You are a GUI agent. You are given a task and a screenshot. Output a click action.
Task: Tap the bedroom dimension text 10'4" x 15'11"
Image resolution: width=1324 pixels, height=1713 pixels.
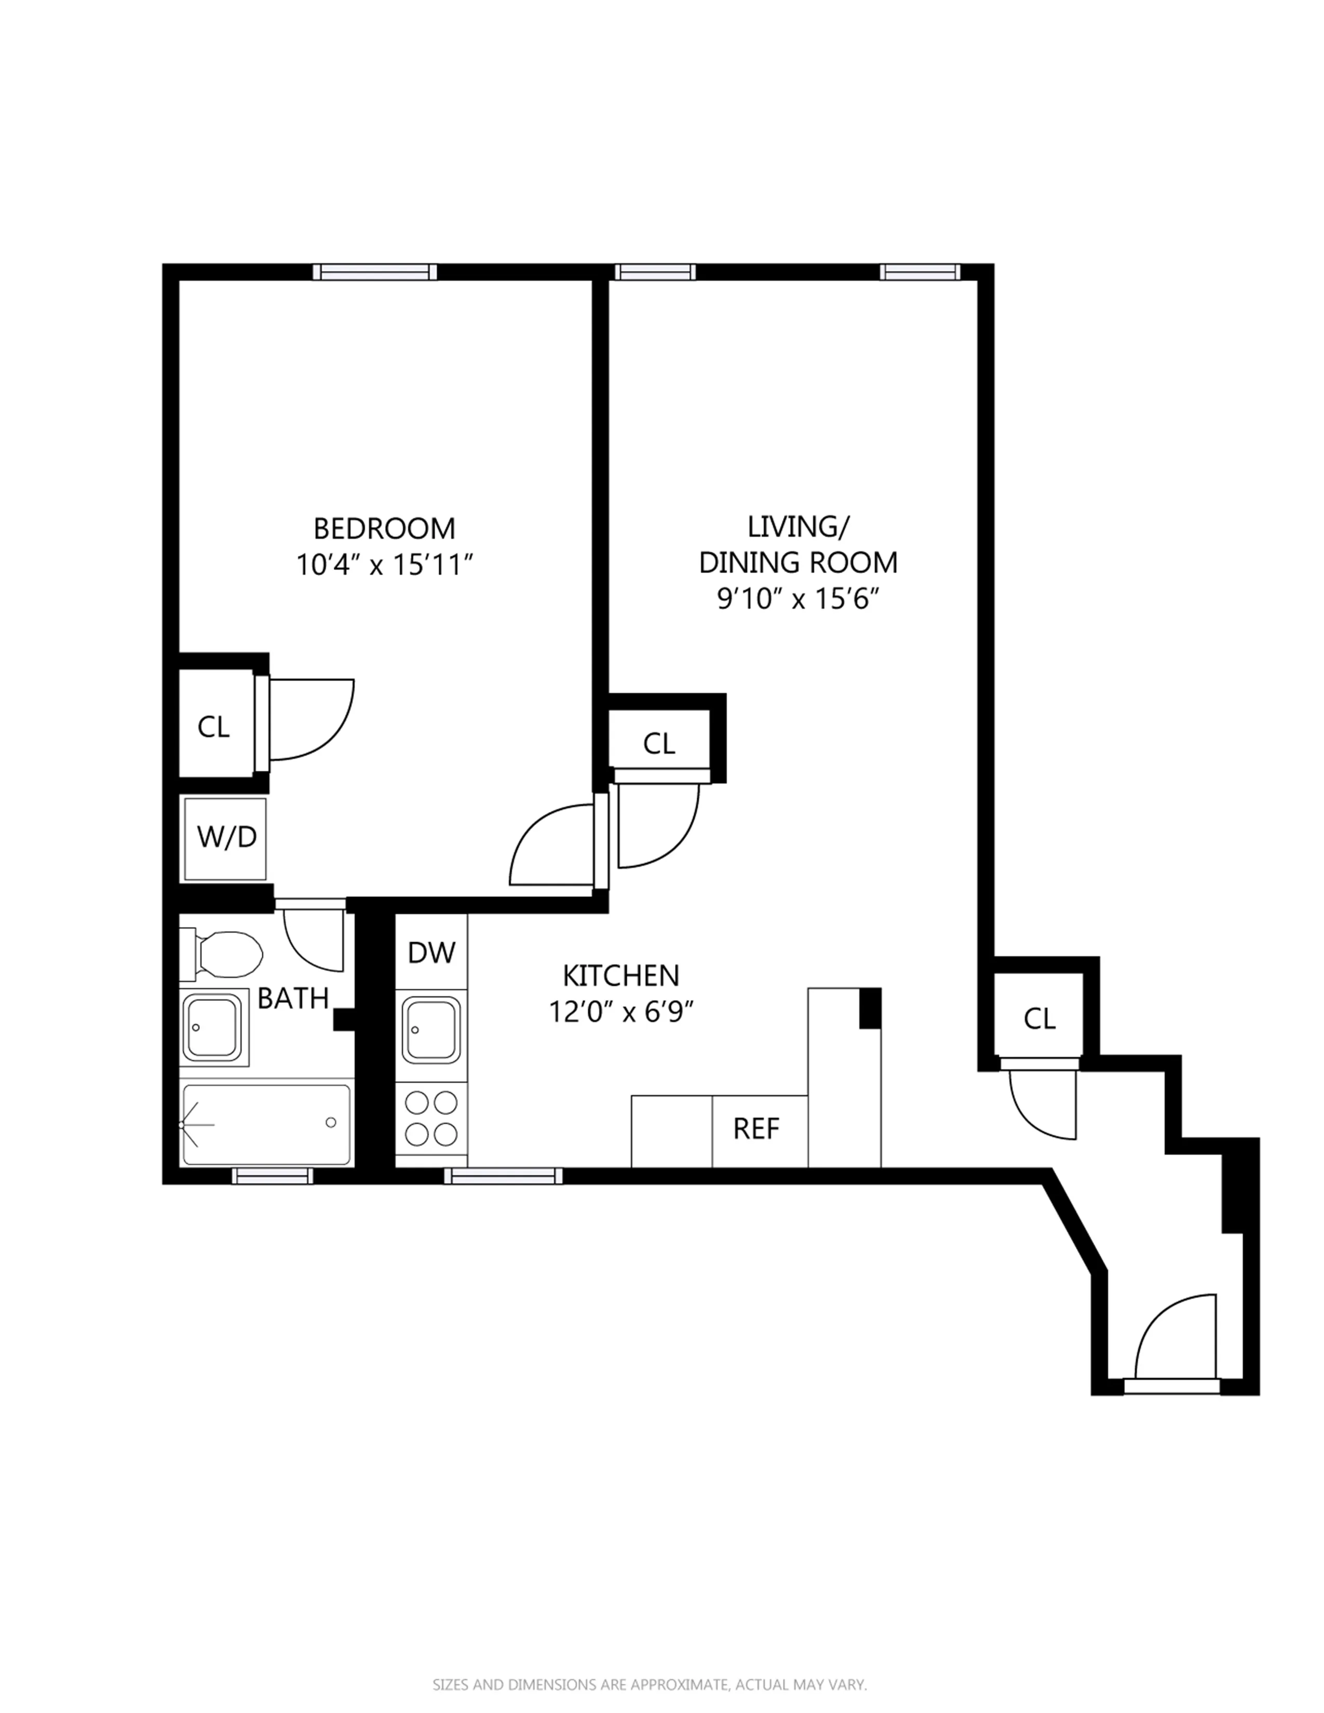pos(384,565)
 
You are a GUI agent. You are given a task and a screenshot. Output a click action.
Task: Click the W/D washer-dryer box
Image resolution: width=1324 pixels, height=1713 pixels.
pos(226,838)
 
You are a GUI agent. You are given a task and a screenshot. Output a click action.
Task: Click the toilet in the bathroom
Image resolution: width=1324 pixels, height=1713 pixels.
pos(224,954)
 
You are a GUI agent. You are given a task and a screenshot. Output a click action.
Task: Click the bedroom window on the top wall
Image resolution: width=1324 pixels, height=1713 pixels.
pos(375,272)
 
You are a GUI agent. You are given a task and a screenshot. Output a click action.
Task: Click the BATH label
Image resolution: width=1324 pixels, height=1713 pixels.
pos(292,998)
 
